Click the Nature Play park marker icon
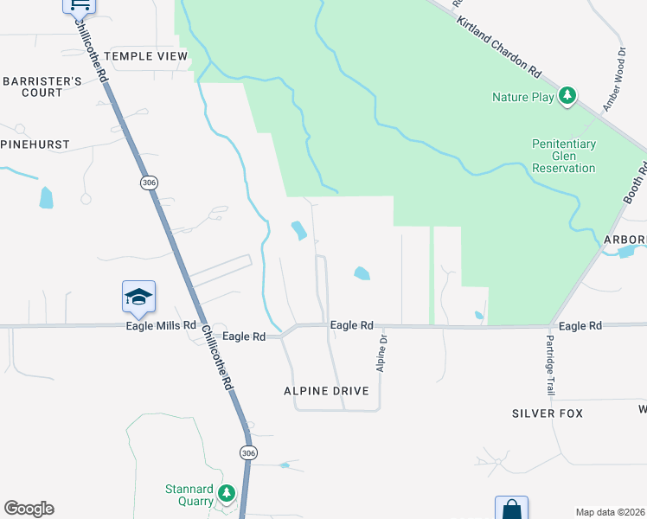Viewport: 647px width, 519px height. coord(567,96)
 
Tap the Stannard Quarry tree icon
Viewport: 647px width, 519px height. coord(227,494)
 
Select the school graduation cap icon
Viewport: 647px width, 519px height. coord(138,297)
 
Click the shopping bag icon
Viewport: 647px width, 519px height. coord(511,509)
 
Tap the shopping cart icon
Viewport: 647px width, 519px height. coord(79,4)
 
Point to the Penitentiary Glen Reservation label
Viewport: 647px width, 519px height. coord(564,156)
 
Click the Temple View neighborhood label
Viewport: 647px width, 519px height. coord(145,56)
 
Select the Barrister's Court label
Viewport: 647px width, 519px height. coord(42,86)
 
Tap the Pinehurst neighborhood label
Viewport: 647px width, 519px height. coord(35,144)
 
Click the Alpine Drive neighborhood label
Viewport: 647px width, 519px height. coord(326,391)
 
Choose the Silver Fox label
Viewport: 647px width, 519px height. coord(547,413)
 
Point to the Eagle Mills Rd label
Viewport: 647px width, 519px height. coord(161,326)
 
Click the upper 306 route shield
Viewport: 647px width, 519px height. coord(149,183)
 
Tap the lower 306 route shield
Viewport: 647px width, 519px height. coord(248,453)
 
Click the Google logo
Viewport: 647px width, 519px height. coord(29,509)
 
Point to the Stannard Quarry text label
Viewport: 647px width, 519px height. coord(189,495)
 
